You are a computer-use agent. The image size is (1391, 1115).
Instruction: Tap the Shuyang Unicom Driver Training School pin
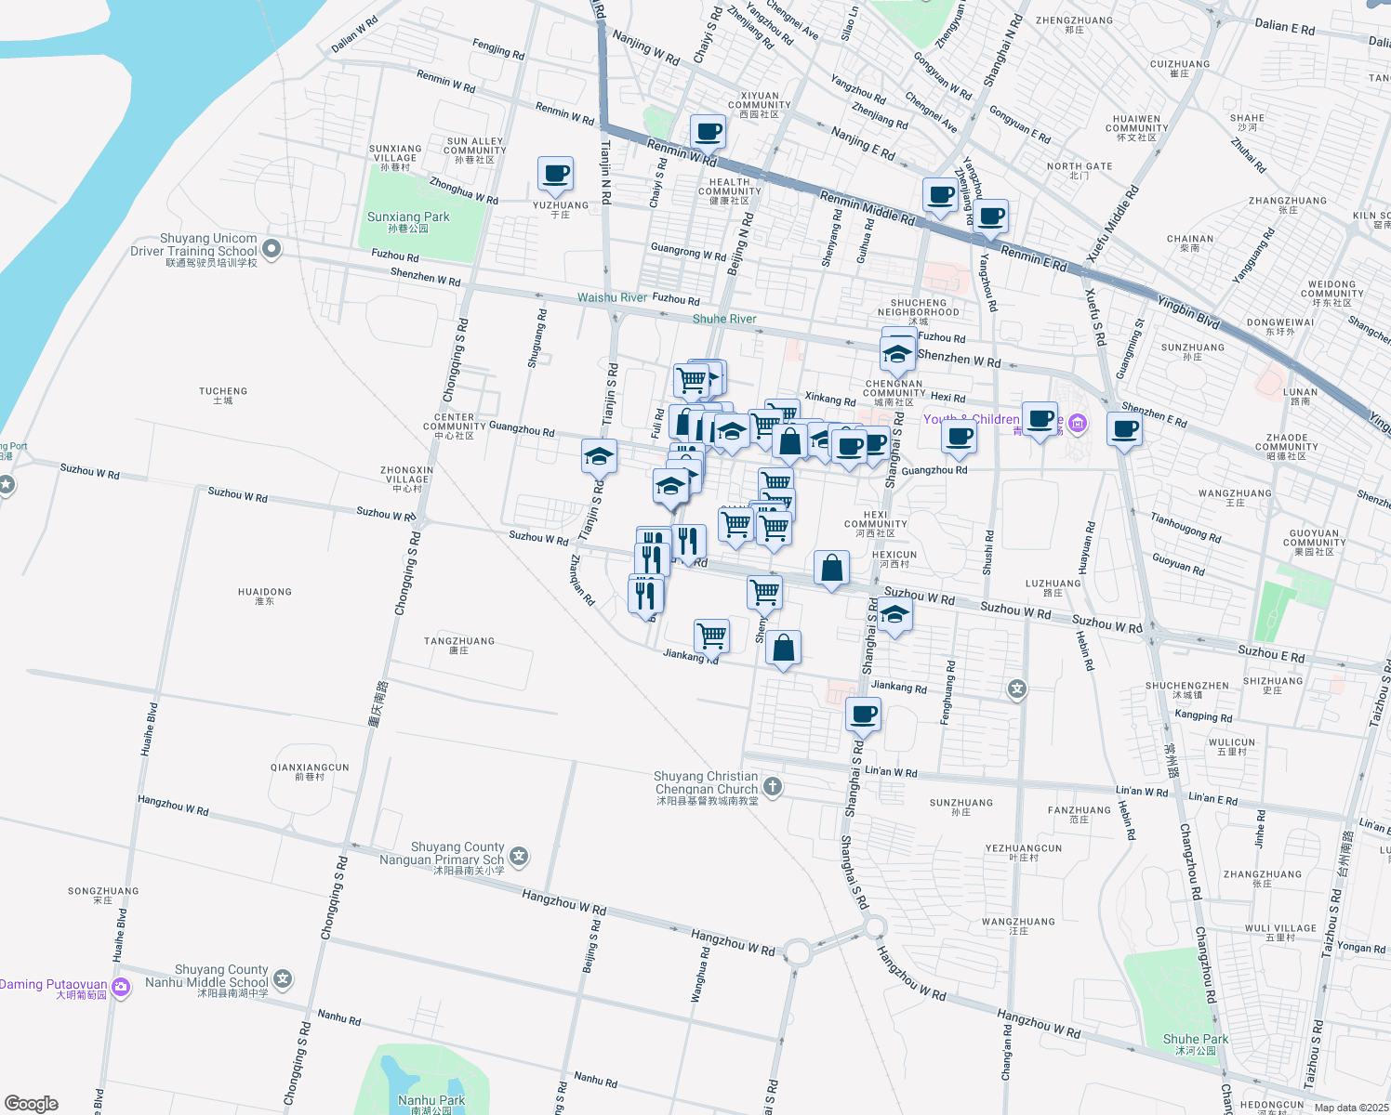[272, 248]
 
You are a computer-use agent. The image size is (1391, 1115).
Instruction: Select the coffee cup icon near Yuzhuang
[555, 174]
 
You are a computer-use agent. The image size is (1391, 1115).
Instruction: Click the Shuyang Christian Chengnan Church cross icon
[772, 787]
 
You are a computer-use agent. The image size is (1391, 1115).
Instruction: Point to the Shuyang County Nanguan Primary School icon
[519, 857]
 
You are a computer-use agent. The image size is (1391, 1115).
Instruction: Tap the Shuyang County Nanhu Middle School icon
[283, 979]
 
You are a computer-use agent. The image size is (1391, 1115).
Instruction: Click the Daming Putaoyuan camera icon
[121, 986]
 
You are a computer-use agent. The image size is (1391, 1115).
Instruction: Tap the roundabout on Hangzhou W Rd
[797, 951]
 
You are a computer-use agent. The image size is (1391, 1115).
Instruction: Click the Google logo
[31, 1103]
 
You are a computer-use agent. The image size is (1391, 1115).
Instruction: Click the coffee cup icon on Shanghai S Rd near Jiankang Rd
[863, 715]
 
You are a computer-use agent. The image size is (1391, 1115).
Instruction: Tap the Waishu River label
[612, 297]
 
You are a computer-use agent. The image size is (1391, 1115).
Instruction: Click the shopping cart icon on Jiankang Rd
[711, 636]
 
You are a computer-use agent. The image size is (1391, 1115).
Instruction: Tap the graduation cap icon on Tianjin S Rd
[599, 456]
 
